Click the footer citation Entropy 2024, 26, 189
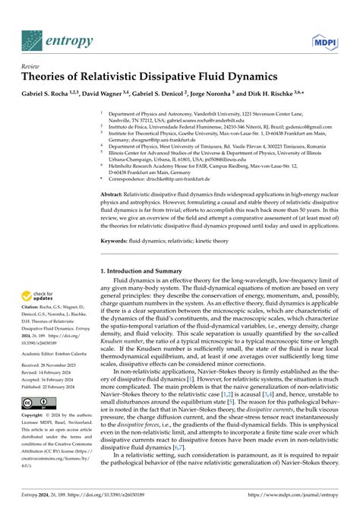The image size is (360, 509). [x=54, y=499]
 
